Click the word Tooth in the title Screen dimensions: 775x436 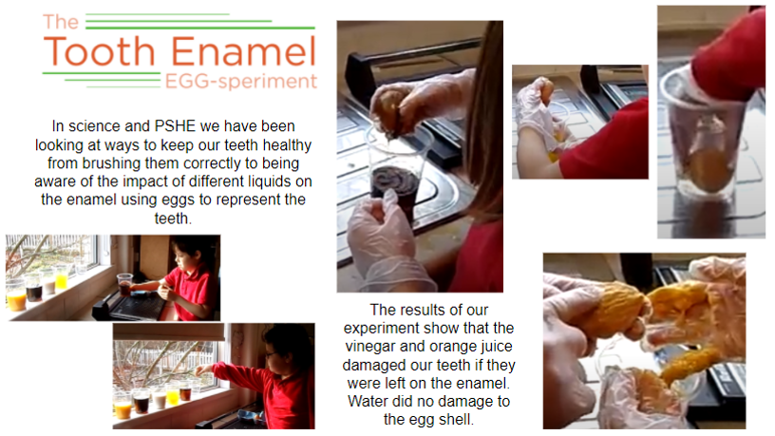pyautogui.click(x=100, y=51)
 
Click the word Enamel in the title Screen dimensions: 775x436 pyautogui.click(x=244, y=51)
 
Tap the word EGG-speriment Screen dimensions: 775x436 pyautogui.click(x=240, y=81)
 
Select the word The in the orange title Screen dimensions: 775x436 pyautogui.click(x=61, y=22)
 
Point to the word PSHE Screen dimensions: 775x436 pyautogui.click(x=175, y=126)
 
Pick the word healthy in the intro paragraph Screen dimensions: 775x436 pyautogui.click(x=287, y=145)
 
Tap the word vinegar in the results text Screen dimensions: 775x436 pyautogui.click(x=370, y=347)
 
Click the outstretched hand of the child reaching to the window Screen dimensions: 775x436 pyautogui.click(x=201, y=370)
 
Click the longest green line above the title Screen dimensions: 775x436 pyautogui.click(x=200, y=28)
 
